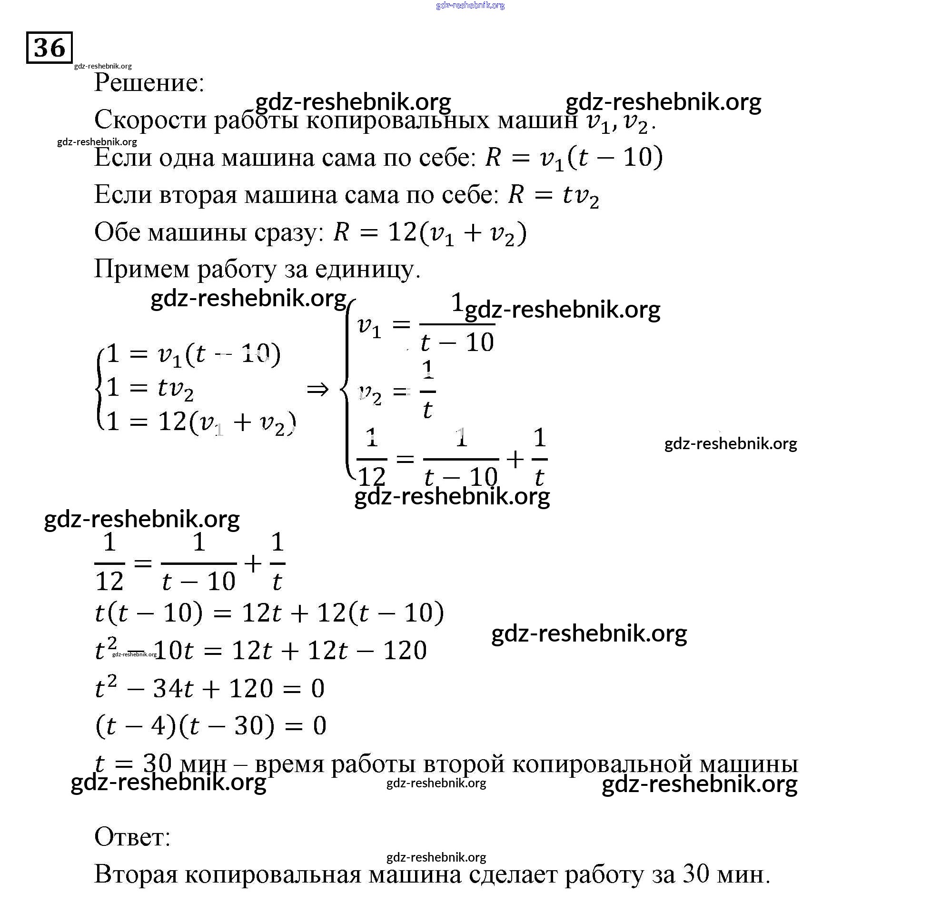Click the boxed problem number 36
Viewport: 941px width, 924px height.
click(x=49, y=48)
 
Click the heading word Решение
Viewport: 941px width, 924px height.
click(x=149, y=82)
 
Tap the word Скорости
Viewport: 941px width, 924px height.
click(x=150, y=120)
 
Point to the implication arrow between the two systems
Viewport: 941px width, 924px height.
click(x=317, y=389)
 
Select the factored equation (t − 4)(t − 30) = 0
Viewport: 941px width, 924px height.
click(x=210, y=726)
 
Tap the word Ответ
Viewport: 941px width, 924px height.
click(x=132, y=837)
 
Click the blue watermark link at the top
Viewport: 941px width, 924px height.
click(x=470, y=5)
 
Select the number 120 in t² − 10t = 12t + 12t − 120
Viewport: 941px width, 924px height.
click(x=405, y=650)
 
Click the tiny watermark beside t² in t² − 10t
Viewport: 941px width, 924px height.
click(x=134, y=654)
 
